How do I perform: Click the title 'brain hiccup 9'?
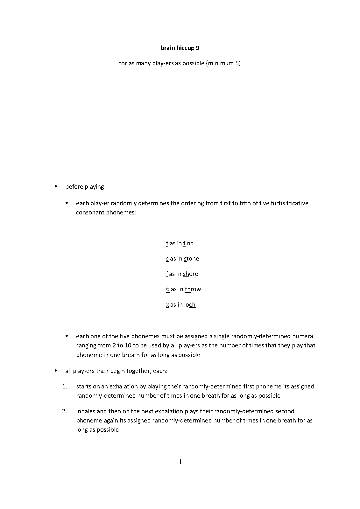(x=180, y=48)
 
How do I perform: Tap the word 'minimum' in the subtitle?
(x=221, y=63)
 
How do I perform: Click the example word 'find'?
(x=188, y=243)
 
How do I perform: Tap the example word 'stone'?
(x=191, y=259)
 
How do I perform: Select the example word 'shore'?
(x=190, y=274)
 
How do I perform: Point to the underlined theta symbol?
(x=167, y=289)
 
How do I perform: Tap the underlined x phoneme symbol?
(x=167, y=305)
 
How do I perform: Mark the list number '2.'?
(x=65, y=411)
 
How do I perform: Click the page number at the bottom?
(x=180, y=461)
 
